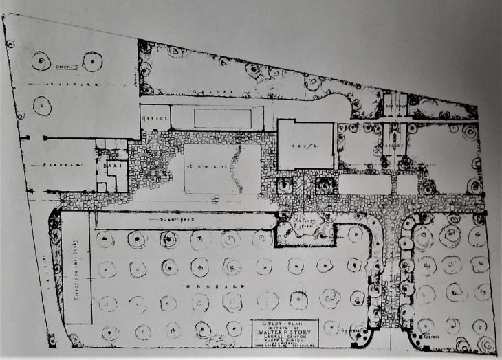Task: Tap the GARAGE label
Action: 155,118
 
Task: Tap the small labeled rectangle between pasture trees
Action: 65,66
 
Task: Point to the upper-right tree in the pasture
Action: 91,61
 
